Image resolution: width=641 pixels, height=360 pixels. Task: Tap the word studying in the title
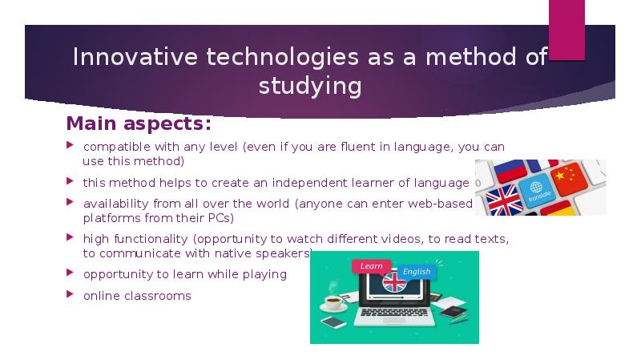tap(309, 86)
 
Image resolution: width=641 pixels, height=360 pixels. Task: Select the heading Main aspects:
tap(138, 124)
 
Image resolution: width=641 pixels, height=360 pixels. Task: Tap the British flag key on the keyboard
tap(503, 200)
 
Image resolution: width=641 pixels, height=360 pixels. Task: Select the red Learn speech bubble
tap(370, 265)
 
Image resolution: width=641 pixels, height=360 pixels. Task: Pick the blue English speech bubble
tap(416, 272)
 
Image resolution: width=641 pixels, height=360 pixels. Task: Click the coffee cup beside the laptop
tap(330, 303)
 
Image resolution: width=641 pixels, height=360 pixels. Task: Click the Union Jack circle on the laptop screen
tap(393, 281)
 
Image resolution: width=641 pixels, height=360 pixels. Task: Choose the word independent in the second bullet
tap(305, 183)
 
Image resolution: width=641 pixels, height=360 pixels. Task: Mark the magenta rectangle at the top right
tap(566, 30)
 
